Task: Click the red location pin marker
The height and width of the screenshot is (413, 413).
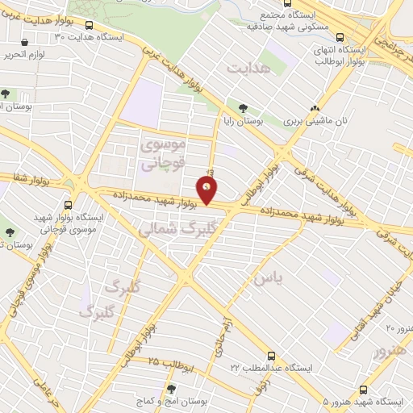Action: coord(207,190)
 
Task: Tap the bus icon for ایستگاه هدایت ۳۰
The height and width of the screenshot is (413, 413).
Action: coord(88,25)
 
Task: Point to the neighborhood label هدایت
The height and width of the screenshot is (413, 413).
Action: coord(246,69)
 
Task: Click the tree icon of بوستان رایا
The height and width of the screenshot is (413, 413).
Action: coord(244,107)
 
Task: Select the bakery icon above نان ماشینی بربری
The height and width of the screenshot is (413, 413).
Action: coord(315,107)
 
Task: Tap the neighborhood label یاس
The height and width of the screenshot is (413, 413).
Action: coord(269,278)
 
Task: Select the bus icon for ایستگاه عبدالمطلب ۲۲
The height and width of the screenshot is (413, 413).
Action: coord(272,355)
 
